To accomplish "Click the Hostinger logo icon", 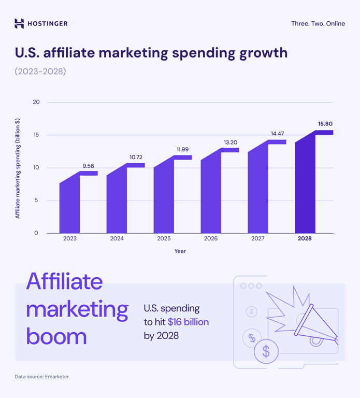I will pyautogui.click(x=19, y=23).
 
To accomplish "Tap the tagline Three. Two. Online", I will pyautogui.click(x=318, y=24).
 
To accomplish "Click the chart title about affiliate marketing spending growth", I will pyautogui.click(x=151, y=53).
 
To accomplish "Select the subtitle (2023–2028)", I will pyautogui.click(x=40, y=71).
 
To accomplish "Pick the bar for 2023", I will pyautogui.click(x=70, y=205).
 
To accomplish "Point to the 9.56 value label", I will pyautogui.click(x=89, y=166).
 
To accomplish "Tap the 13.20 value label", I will pyautogui.click(x=231, y=143).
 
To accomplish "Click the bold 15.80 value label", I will pyautogui.click(x=325, y=124).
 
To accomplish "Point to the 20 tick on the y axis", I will pyautogui.click(x=36, y=102).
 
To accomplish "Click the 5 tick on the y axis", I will pyautogui.click(x=36, y=201).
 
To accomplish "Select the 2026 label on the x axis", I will pyautogui.click(x=211, y=238).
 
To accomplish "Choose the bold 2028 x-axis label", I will pyautogui.click(x=305, y=238).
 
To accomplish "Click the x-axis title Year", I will pyautogui.click(x=180, y=251).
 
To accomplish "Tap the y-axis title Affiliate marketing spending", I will pyautogui.click(x=18, y=168).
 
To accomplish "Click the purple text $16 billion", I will pyautogui.click(x=188, y=322).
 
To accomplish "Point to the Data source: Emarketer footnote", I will pyautogui.click(x=41, y=376).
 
